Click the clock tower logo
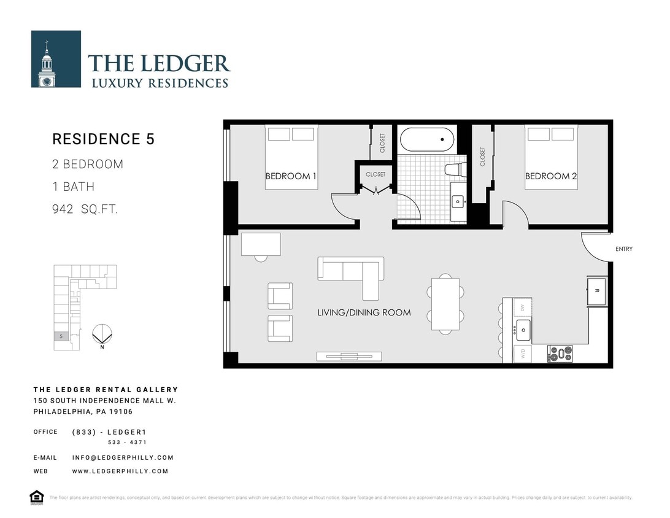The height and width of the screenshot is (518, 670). pos(56,59)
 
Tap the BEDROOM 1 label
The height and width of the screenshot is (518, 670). pos(291,176)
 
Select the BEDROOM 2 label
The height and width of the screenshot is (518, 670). pos(551,176)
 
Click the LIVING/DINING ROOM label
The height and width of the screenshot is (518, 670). pos(364,312)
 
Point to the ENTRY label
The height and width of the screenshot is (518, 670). pos(623,249)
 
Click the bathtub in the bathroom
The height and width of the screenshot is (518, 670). pos(427,139)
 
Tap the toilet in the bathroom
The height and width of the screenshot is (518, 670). pos(453,169)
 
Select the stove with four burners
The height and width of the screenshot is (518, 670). pos(560,354)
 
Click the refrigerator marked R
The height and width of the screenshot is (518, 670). pos(596,292)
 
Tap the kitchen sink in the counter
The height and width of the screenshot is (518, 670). pos(523,330)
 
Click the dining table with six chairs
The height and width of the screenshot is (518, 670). pos(445,304)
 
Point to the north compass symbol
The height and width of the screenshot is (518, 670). pos(101,334)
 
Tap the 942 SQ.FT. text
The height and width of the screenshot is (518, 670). pos(85,209)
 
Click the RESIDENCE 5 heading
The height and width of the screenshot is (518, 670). pos(103,139)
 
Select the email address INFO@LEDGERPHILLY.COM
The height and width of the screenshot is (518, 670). pos(123,457)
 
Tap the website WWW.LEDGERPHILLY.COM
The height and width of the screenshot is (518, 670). pos(120,471)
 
